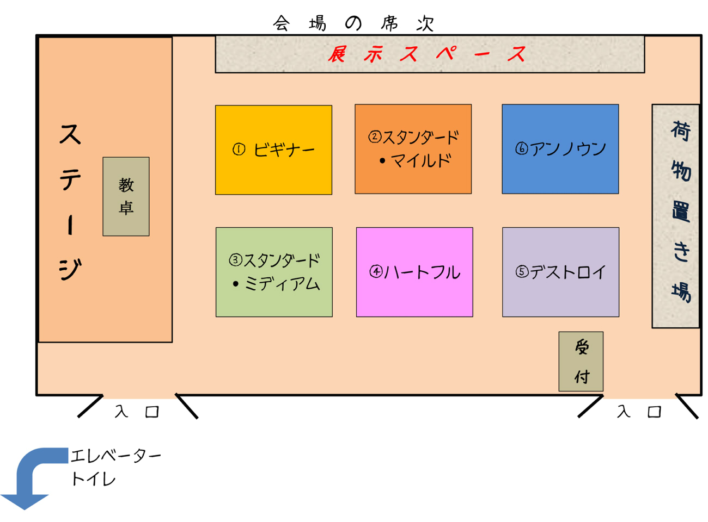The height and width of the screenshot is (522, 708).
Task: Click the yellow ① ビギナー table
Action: [x=273, y=150]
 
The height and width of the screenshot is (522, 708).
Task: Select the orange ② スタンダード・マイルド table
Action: [x=413, y=149]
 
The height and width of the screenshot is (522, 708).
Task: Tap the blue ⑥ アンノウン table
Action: [x=560, y=149]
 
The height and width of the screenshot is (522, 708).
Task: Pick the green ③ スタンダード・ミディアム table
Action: [x=274, y=272]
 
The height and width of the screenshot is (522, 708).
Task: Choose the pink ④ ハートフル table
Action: [x=414, y=272]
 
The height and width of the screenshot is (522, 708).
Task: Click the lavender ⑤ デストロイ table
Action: [x=560, y=272]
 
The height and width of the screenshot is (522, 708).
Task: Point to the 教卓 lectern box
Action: [x=126, y=196]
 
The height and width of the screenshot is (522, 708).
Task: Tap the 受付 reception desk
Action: [x=581, y=361]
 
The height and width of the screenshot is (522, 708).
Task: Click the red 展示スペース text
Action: [x=428, y=54]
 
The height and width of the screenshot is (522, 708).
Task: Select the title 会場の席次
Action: [x=354, y=23]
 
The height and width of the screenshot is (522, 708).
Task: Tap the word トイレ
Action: [x=93, y=479]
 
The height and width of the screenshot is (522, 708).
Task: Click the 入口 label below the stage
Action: [x=137, y=412]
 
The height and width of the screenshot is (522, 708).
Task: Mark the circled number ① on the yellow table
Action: [x=239, y=150]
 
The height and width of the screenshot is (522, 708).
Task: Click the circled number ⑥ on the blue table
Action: [x=522, y=149]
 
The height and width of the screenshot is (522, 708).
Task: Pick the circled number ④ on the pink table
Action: [x=376, y=272]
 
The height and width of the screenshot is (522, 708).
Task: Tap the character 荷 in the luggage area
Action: [x=680, y=131]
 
